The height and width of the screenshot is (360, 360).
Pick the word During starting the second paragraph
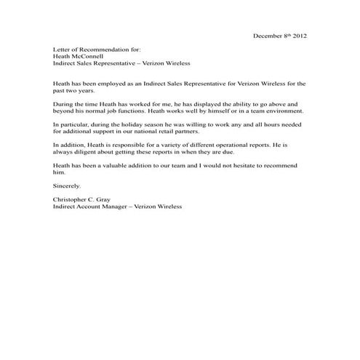pyautogui.click(x=63, y=105)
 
